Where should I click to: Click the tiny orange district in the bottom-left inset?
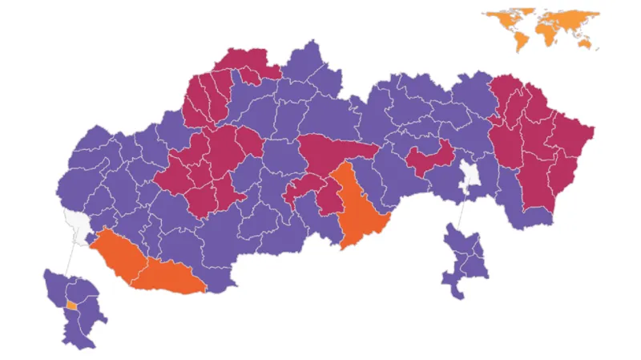tap(71, 305)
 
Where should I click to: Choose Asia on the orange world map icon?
tap(573, 19)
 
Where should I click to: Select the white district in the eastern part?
tap(469, 178)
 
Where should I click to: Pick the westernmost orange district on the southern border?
tap(116, 252)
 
